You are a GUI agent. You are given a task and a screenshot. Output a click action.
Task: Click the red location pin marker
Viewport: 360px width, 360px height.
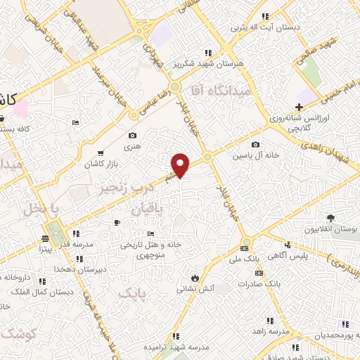point(181,165)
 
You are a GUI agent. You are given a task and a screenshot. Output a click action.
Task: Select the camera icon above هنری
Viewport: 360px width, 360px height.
point(132,136)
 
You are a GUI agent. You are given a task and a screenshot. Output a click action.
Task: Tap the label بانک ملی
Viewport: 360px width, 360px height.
point(245,259)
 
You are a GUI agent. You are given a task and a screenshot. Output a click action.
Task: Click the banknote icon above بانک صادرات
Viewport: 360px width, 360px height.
point(259,273)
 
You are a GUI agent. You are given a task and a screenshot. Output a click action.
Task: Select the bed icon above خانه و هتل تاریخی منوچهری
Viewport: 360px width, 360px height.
point(150,234)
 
